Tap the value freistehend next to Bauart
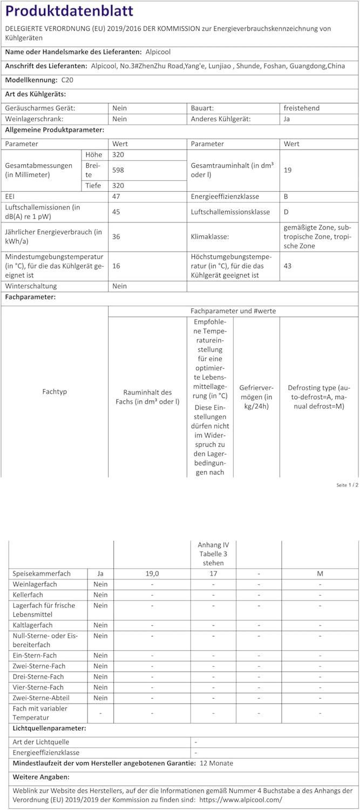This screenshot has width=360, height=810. click(x=301, y=108)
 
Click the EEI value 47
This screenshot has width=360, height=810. click(x=116, y=197)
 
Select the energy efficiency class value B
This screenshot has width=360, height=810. click(x=286, y=197)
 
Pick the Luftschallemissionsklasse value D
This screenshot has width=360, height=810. click(x=286, y=212)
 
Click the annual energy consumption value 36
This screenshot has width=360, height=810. click(x=116, y=237)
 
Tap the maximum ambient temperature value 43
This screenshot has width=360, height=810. click(x=287, y=266)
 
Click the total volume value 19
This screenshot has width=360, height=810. click(x=287, y=170)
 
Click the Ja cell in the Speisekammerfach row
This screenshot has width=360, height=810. click(x=100, y=573)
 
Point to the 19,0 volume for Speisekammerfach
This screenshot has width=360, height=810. click(x=152, y=573)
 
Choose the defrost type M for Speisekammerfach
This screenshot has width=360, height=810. click(x=320, y=573)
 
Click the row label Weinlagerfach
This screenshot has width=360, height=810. click(x=35, y=584)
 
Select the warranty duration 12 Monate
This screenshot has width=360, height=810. click(x=216, y=763)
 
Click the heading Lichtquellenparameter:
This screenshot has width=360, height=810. click(x=49, y=728)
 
